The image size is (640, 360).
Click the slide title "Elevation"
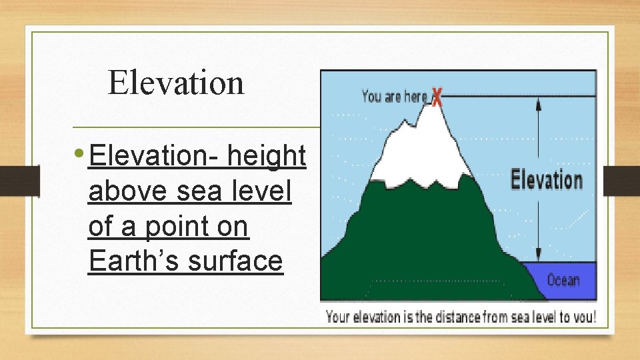coord(176,83)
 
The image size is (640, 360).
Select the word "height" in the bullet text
coord(266,157)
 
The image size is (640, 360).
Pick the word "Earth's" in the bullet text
coord(134,262)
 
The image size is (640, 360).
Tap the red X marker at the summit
coord(437,97)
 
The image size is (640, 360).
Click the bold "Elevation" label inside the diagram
coord(546,180)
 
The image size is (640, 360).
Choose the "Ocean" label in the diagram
coord(563,280)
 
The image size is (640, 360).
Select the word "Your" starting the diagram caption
coord(339,317)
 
